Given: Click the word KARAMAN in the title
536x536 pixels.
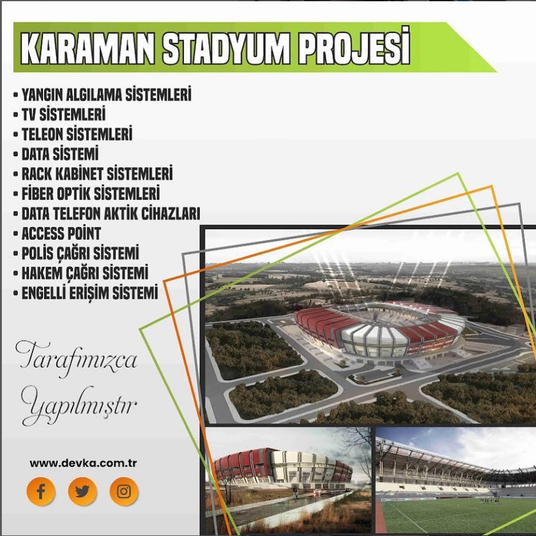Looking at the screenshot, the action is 88,48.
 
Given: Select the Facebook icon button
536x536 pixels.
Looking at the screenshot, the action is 41,491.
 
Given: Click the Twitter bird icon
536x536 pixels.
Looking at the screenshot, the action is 82,491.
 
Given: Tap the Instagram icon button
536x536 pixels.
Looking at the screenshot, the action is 124,491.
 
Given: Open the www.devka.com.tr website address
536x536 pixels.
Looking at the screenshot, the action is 83,464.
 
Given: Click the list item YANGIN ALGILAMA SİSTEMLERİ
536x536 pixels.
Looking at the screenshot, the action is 107,94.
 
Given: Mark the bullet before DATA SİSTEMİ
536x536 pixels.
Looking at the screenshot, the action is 15,155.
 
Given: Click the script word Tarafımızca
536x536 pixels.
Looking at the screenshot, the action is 77,359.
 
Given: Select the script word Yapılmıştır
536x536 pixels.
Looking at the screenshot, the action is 79,406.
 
